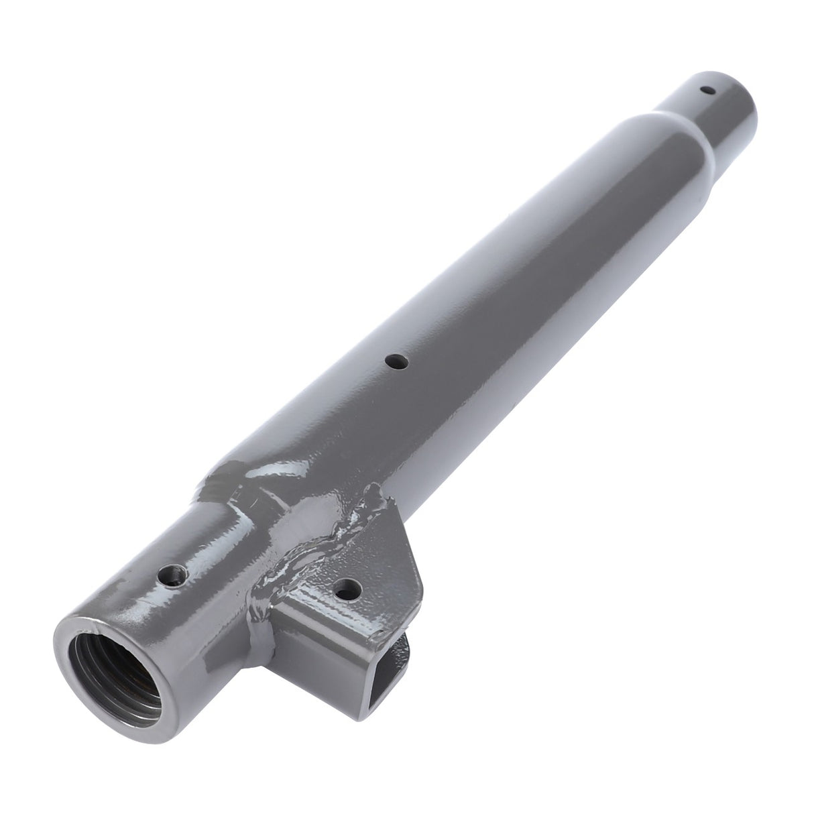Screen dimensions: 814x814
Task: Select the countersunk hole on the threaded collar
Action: [x=173, y=576]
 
